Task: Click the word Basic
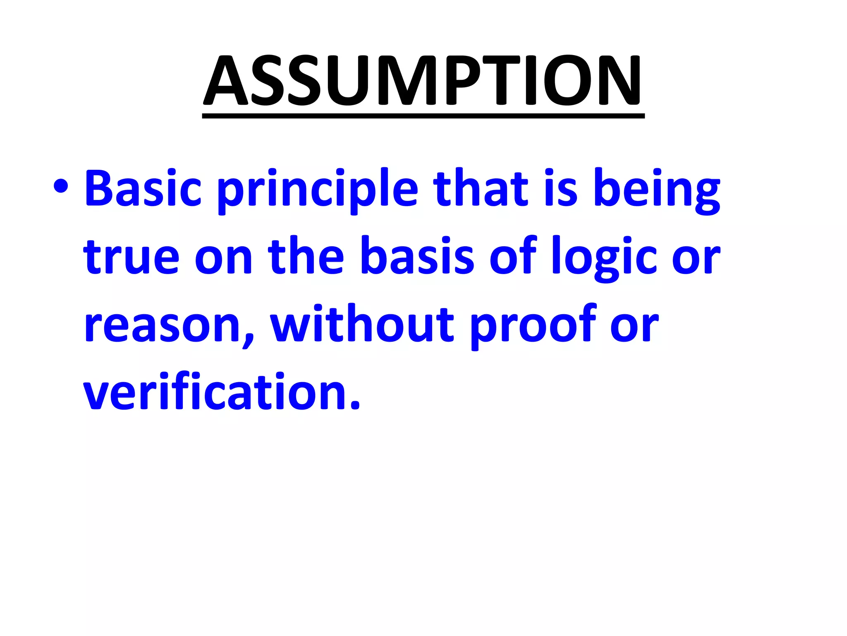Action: click(x=143, y=188)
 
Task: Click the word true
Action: click(x=131, y=257)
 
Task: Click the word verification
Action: click(x=215, y=392)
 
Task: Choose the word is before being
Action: click(x=560, y=188)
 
